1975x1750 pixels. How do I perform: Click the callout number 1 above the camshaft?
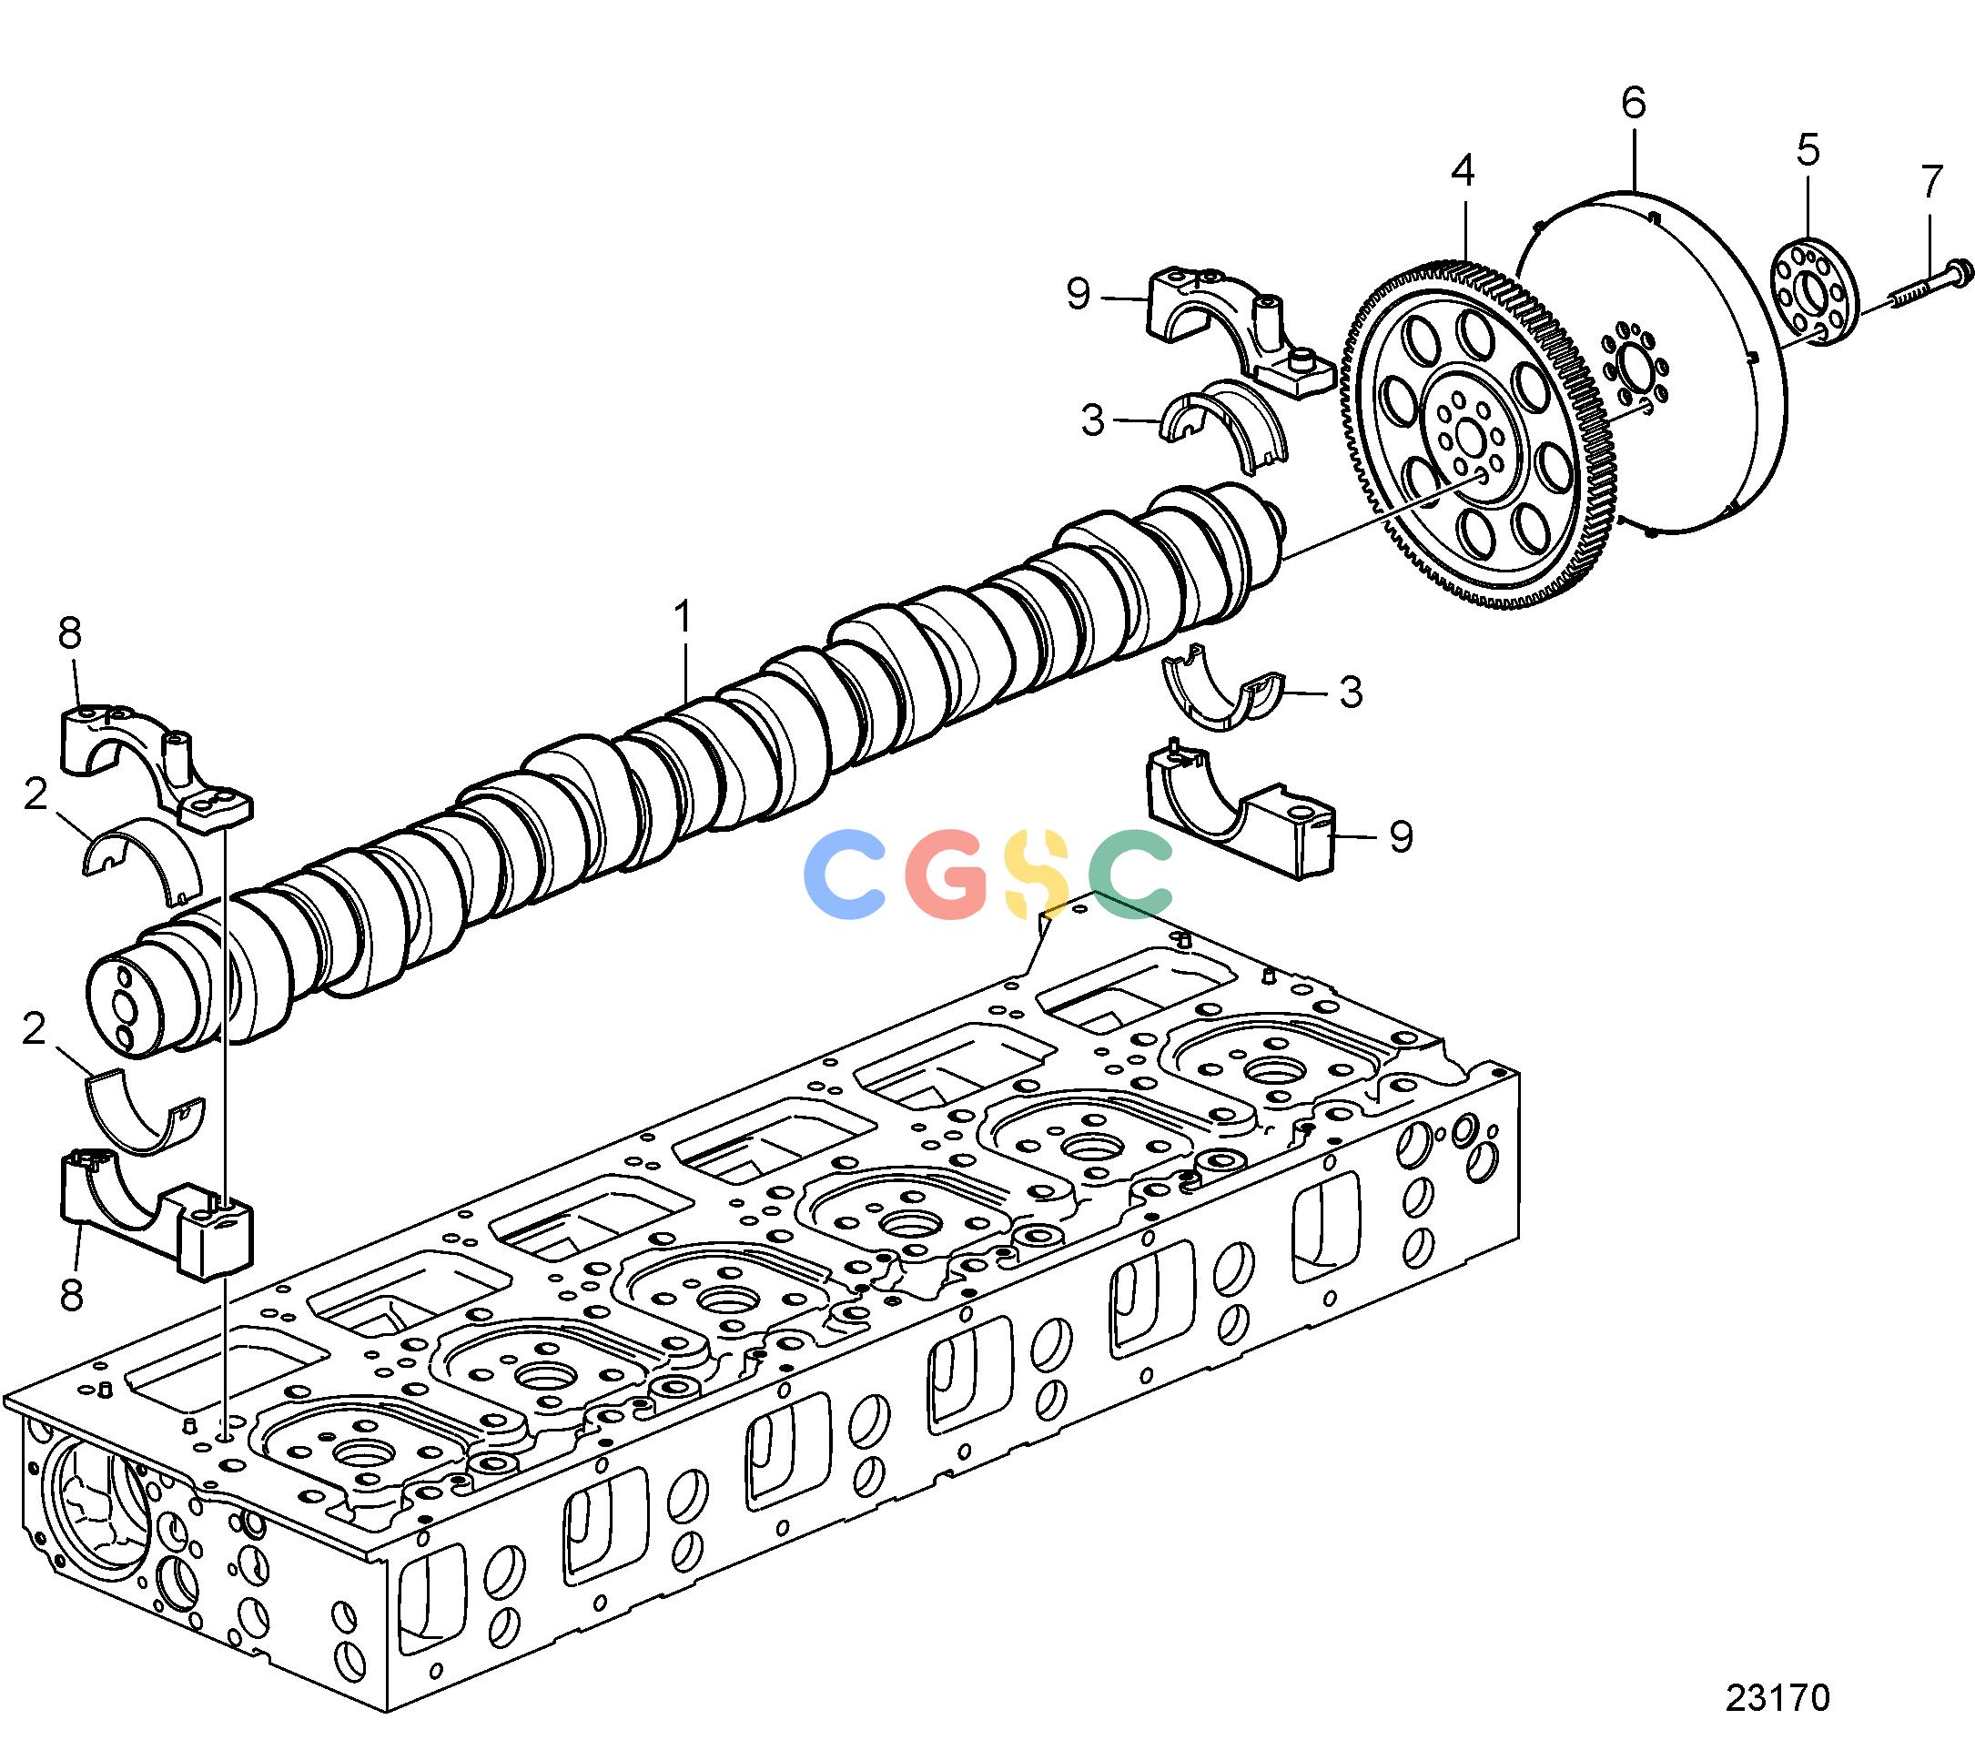click(x=684, y=619)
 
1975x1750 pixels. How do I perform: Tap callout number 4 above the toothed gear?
click(x=1463, y=170)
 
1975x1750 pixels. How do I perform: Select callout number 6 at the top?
click(x=1634, y=104)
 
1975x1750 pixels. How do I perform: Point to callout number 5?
click(x=1808, y=151)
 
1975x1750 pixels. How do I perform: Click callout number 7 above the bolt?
click(x=1930, y=182)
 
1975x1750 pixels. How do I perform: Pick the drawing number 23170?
click(x=1777, y=1697)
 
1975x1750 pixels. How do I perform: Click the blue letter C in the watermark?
click(x=846, y=874)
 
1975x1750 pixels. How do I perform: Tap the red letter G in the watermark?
click(x=950, y=874)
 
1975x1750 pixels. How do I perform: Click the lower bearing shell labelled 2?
click(x=145, y=1114)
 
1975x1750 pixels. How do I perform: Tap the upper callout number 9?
click(x=1079, y=293)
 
